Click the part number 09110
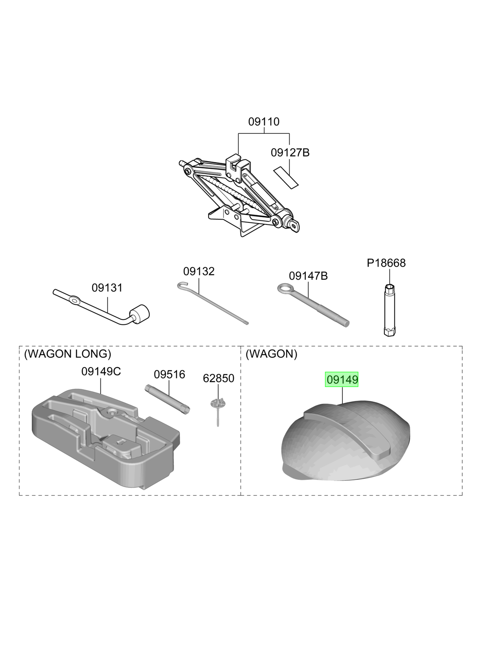coord(264,121)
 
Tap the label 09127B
coord(290,153)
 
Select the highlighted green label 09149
coord(342,380)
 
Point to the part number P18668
coord(386,263)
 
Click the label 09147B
coord(308,276)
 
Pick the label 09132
coord(199,271)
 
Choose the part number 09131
coord(107,288)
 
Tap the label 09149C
coord(101,372)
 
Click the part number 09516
coord(169,374)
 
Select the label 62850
coord(219,378)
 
